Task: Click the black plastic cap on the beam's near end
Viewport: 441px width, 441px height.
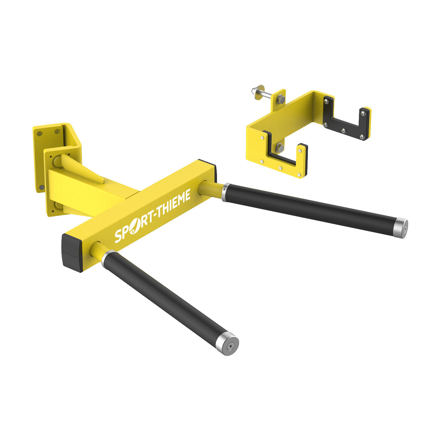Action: click(x=72, y=253)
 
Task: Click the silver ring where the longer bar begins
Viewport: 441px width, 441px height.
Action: click(x=225, y=192)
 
